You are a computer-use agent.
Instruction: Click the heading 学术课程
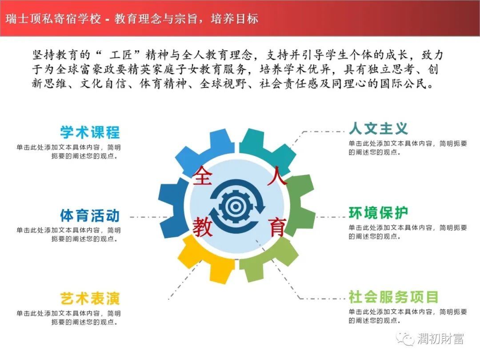pos(90,132)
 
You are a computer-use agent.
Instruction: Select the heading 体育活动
pos(90,216)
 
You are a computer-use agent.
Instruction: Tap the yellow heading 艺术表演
pos(90,299)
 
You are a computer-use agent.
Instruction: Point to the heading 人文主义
pos(378,128)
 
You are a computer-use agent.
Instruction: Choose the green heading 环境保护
pos(378,213)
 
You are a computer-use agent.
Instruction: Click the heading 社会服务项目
pos(393,296)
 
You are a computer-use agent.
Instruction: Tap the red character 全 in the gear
pos(202,176)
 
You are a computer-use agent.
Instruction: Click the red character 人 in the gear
pos(277,176)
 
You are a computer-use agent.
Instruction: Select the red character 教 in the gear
pos(202,227)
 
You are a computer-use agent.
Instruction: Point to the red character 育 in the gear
pos(277,227)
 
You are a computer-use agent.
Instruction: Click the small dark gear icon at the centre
pos(236,207)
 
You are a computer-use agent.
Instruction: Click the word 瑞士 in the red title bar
pos(17,19)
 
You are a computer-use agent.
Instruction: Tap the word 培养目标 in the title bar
pos(235,19)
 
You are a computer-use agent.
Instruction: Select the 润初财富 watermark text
pos(440,339)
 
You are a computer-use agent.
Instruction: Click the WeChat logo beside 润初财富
pos(405,338)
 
